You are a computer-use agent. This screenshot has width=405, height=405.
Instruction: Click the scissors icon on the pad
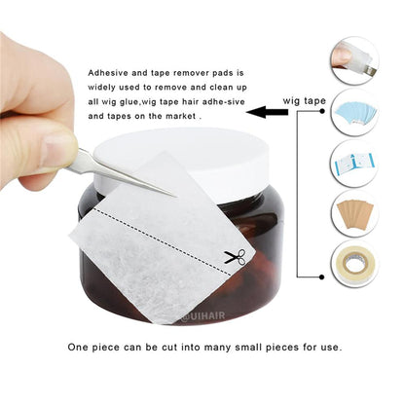pyautogui.click(x=234, y=257)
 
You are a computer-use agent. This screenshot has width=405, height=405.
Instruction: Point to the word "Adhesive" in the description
pyautogui.click(x=109, y=73)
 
